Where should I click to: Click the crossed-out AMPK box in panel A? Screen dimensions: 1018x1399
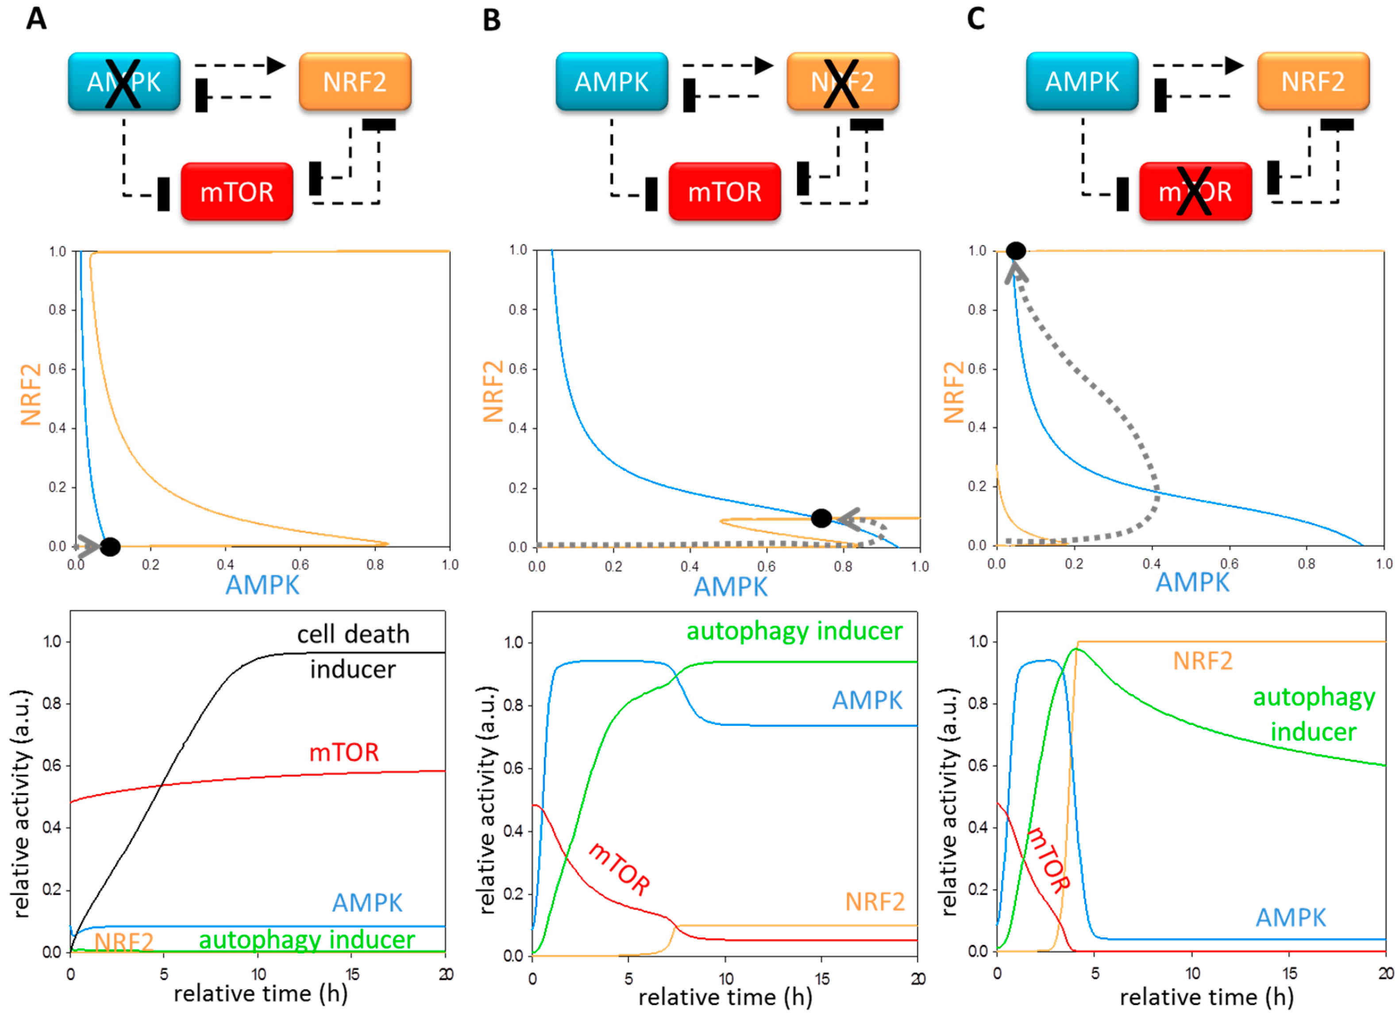124,82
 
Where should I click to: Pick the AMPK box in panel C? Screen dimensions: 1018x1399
1082,82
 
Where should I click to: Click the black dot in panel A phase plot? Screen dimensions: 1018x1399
110,546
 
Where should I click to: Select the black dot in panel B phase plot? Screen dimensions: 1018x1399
821,518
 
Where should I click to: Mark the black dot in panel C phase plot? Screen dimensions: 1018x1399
1015,251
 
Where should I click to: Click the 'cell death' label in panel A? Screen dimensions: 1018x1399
353,634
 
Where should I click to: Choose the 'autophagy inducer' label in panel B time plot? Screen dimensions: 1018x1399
794,631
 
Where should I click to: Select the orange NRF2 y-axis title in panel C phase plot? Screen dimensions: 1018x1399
954,393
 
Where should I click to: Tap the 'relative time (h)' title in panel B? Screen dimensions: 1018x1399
725,997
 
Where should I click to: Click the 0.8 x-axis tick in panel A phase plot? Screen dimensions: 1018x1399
375,564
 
